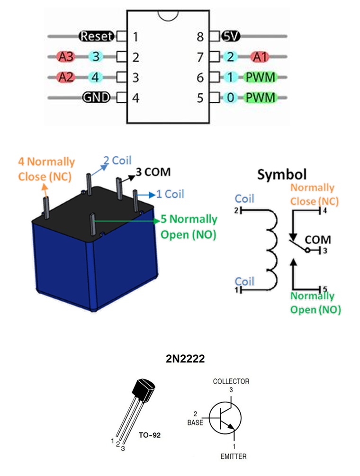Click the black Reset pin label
[97, 36]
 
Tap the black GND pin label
[96, 98]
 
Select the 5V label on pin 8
[232, 36]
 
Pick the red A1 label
[260, 57]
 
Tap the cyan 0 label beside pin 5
[231, 98]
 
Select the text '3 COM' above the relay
[153, 171]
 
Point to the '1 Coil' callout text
[170, 193]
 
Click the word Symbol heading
[281, 174]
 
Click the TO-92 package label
[151, 434]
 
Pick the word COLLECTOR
[231, 381]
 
